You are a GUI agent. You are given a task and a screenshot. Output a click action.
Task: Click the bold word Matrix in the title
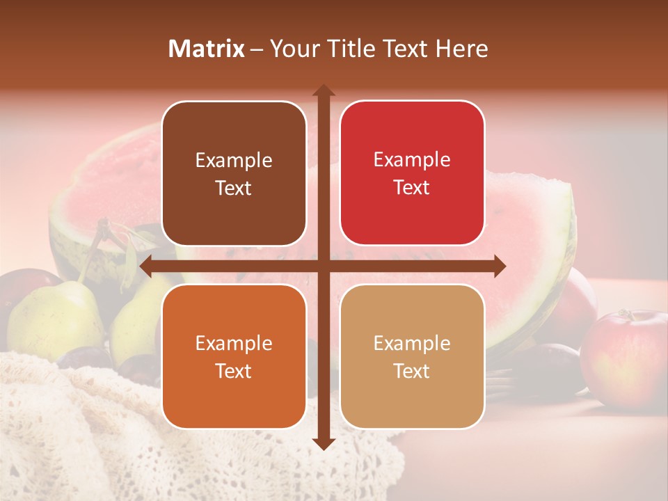[207, 49]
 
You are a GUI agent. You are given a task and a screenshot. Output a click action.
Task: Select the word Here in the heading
[461, 49]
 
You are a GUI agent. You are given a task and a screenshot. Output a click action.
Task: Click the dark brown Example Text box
[234, 173]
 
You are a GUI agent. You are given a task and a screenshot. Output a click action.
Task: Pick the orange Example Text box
[234, 356]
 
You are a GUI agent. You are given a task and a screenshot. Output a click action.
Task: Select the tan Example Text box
[412, 356]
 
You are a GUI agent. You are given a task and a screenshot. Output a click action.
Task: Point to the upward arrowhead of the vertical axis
[323, 91]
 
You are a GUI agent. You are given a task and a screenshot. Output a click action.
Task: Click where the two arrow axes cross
[323, 266]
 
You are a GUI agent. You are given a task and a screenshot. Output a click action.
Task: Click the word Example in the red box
[412, 159]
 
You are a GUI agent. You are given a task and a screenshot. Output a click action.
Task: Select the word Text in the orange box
[234, 371]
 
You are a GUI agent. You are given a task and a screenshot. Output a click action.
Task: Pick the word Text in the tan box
[412, 371]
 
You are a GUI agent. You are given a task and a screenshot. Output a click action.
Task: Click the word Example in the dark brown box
[234, 160]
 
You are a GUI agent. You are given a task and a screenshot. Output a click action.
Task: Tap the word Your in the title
[291, 49]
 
